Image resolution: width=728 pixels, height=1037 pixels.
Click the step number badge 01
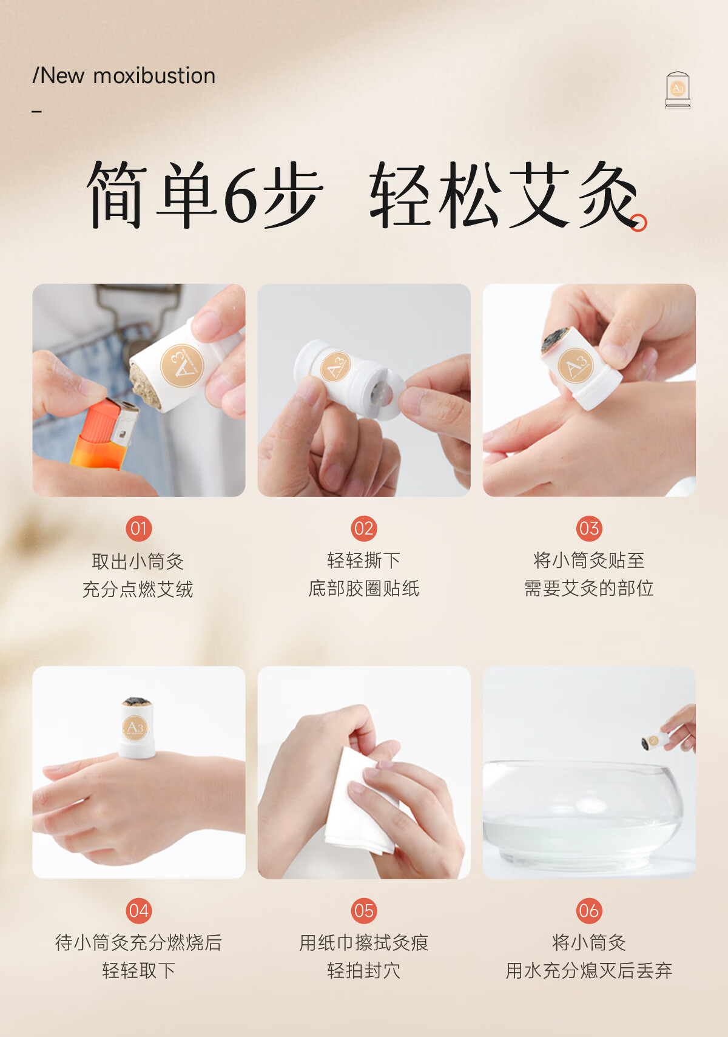(x=139, y=529)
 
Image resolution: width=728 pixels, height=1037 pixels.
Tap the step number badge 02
(x=364, y=529)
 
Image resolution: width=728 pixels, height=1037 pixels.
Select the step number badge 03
(x=589, y=529)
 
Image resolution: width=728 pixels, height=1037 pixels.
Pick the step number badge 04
(x=139, y=911)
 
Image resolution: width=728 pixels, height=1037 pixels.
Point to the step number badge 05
(x=364, y=911)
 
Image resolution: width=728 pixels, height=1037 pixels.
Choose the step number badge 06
(x=589, y=911)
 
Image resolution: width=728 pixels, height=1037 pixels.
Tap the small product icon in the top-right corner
(x=678, y=90)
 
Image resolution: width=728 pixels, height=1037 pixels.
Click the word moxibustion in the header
(x=154, y=75)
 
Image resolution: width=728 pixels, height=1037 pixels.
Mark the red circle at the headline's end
(x=639, y=223)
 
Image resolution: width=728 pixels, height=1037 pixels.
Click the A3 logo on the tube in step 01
(x=182, y=365)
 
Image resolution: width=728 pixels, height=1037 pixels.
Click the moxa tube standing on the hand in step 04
(x=136, y=728)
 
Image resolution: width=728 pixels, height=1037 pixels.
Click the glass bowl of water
(x=583, y=815)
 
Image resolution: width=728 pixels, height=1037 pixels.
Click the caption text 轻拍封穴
(x=364, y=970)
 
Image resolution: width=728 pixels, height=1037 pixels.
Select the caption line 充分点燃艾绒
(x=138, y=589)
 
